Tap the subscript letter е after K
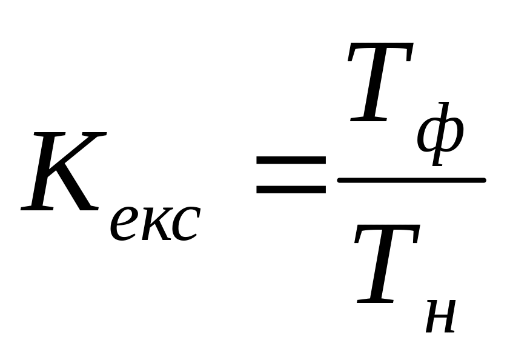(x=125, y=222)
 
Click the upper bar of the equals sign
(x=291, y=161)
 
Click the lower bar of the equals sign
(x=291, y=188)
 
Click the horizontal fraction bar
(x=412, y=180)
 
